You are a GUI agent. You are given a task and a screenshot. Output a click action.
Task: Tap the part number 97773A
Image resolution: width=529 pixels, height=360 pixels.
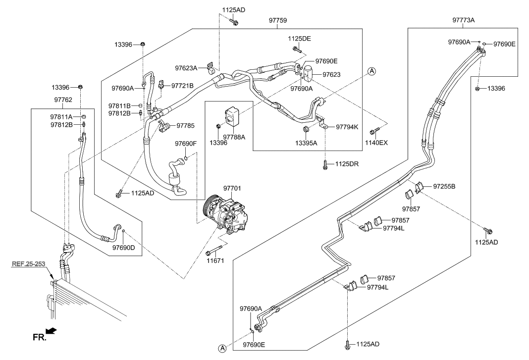(463, 20)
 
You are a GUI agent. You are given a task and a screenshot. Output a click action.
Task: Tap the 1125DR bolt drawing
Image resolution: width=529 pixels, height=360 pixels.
(325, 165)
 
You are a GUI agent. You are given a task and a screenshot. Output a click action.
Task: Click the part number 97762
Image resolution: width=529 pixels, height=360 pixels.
(63, 100)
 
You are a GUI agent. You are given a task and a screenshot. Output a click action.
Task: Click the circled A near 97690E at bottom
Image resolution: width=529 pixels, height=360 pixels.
(222, 348)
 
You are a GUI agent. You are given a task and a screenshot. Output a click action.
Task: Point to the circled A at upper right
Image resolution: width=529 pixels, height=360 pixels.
(372, 71)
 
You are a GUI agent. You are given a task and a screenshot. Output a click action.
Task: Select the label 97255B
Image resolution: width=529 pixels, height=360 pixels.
(444, 187)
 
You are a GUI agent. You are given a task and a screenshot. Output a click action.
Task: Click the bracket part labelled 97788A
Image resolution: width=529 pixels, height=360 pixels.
(232, 116)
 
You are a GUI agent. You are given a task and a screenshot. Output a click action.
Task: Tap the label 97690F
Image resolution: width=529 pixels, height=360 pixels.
(186, 144)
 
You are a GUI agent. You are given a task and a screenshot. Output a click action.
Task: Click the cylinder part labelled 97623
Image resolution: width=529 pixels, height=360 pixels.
(310, 73)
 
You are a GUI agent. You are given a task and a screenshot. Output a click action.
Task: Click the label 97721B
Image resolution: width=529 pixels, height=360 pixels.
(182, 86)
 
